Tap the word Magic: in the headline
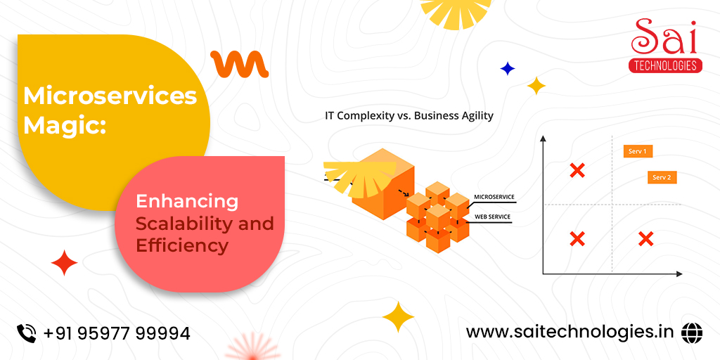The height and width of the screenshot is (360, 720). tap(65, 126)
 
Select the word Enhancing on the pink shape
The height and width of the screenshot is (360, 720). tap(187, 202)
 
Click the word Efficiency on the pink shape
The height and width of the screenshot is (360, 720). tap(182, 245)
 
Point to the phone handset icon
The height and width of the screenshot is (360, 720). tap(27, 333)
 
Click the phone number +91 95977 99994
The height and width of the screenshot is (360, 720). tap(117, 333)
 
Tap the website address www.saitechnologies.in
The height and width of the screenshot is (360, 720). tap(570, 332)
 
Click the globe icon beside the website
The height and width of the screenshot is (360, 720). tap(692, 332)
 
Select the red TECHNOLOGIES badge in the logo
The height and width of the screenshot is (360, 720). tap(665, 65)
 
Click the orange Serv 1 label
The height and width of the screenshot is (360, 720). tap(638, 152)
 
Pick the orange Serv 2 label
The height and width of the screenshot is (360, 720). tap(662, 178)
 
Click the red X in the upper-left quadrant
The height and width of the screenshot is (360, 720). tap(577, 170)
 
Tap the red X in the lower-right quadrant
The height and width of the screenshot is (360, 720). tap(645, 239)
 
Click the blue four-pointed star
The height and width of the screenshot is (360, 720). tap(508, 69)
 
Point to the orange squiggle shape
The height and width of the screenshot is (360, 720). tap(239, 64)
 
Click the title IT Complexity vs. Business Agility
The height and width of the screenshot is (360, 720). tap(409, 116)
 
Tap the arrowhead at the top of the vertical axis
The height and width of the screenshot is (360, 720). tap(543, 139)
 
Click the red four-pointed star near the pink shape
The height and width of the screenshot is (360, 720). tap(64, 263)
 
